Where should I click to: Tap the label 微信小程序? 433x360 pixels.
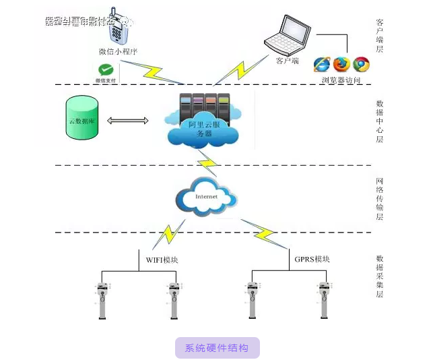pos(118,52)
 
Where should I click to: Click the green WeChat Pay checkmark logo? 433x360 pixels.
pos(105,69)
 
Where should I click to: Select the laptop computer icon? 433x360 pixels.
pos(288,35)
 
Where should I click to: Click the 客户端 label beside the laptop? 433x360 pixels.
pos(287,61)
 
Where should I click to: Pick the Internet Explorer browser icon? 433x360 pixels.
pos(323,64)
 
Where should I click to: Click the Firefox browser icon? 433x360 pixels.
pos(342,64)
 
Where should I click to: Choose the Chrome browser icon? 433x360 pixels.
pos(362,64)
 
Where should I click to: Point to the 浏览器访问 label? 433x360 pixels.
pos(341,80)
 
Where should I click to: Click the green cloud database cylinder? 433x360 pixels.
pos(81,119)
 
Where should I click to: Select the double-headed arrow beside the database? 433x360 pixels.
pos(127,121)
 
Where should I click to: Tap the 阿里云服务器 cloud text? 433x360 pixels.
pos(203,129)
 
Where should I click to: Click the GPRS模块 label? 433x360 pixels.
pos(312,259)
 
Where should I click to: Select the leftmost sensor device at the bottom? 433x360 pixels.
pos(103,299)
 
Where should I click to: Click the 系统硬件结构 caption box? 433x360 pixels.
pos(217,348)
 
